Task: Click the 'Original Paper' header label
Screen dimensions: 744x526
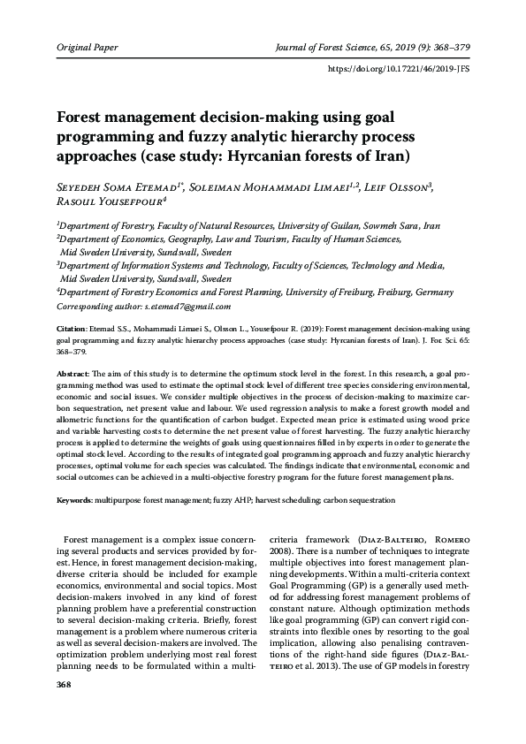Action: click(x=87, y=46)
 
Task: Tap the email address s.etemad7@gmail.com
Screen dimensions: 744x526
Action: click(x=187, y=307)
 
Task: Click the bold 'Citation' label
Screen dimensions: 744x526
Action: click(x=72, y=327)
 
